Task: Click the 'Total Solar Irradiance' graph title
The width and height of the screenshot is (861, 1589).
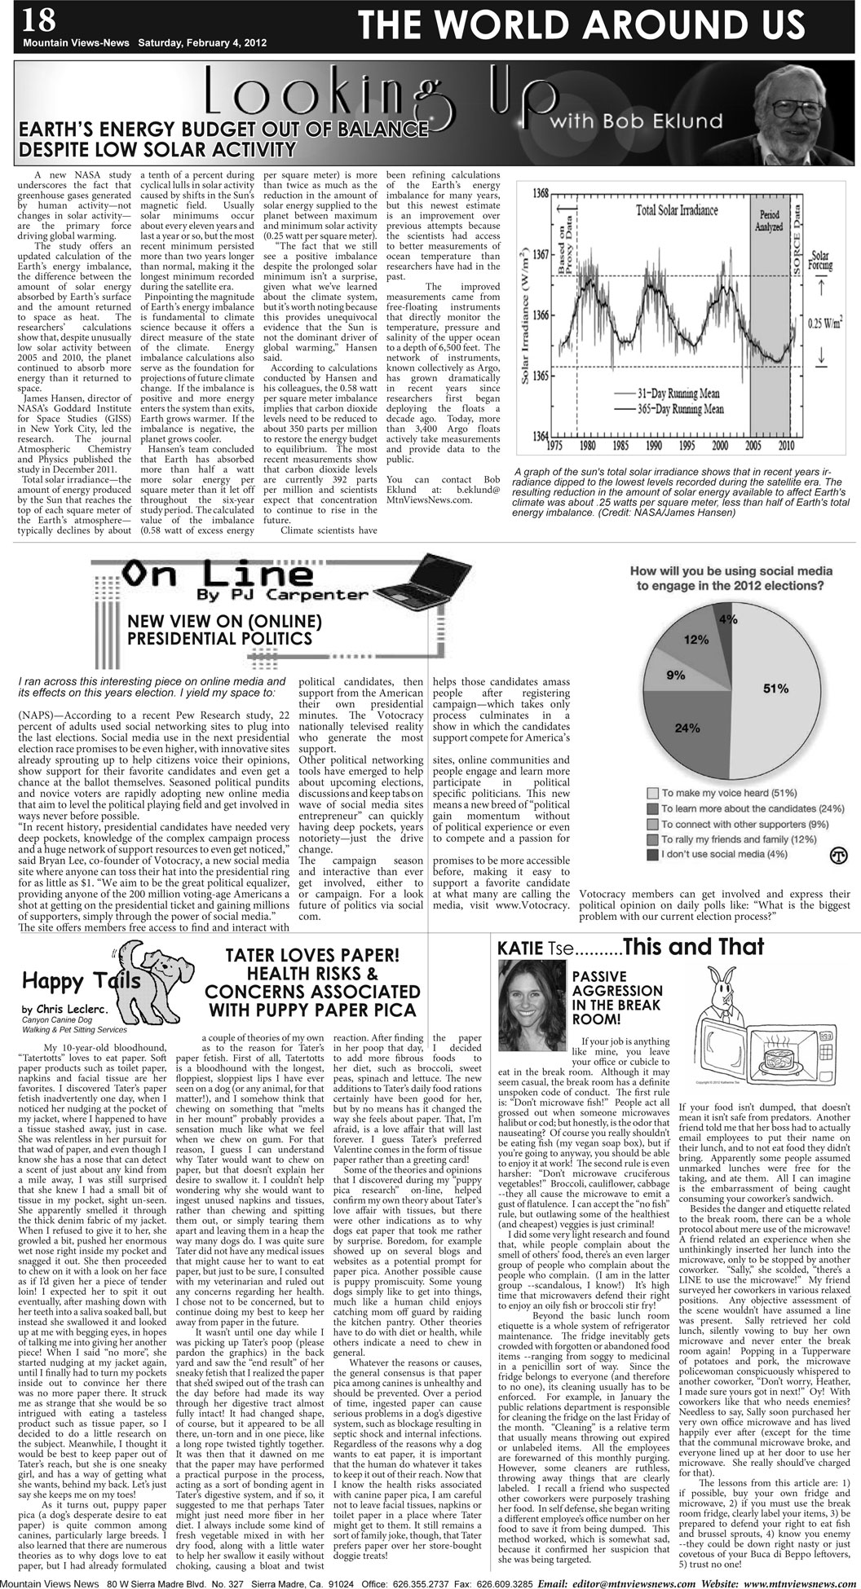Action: click(x=678, y=211)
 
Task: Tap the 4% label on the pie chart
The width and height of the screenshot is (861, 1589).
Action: click(x=727, y=619)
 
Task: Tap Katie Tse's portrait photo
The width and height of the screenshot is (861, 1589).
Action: click(x=531, y=1004)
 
